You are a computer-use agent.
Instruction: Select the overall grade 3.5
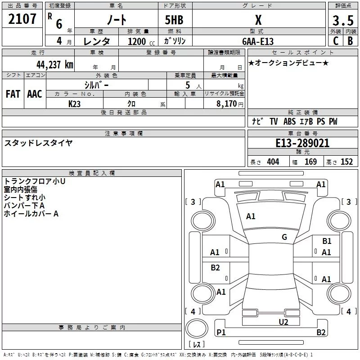click(342, 21)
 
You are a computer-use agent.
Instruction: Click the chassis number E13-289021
click(302, 144)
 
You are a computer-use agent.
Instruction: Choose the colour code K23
click(74, 103)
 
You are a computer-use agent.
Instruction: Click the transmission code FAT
click(13, 94)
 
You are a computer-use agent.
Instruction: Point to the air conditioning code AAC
click(34, 94)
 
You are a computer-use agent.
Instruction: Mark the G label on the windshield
click(284, 237)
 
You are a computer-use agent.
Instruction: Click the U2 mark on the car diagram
click(283, 322)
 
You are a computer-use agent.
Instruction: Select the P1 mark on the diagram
click(221, 333)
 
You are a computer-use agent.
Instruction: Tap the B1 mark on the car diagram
click(327, 241)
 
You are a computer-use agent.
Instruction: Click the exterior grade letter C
click(336, 41)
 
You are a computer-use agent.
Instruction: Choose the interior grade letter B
click(350, 41)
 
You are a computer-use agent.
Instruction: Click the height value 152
click(346, 162)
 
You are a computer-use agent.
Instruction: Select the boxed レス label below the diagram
click(197, 345)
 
